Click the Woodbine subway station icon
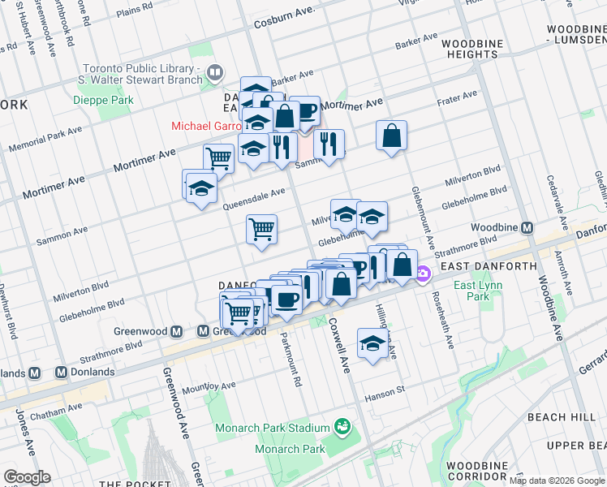527,228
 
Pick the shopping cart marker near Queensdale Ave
261,230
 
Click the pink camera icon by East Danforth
423,276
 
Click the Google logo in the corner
27,477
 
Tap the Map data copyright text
557,481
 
